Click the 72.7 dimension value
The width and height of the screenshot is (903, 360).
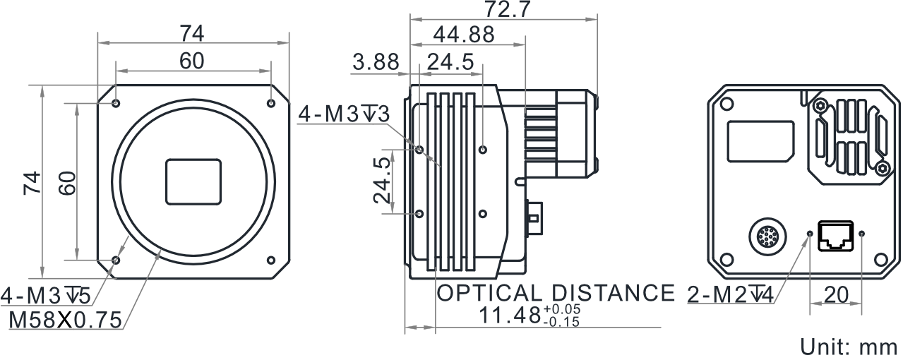(506, 9)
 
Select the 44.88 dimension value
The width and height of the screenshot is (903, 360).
(464, 35)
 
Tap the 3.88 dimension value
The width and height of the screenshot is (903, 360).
(376, 63)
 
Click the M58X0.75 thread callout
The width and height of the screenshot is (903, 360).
(65, 320)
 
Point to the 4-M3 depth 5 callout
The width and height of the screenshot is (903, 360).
(46, 296)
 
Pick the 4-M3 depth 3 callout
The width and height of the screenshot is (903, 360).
(344, 114)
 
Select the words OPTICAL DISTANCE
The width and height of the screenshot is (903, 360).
(556, 293)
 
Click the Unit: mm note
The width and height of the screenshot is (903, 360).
(850, 347)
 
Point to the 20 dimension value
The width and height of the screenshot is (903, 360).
(837, 295)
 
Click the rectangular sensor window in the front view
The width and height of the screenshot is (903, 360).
(193, 182)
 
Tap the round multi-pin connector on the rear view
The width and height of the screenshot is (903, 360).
(767, 237)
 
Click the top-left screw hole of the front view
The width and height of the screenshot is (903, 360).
(116, 103)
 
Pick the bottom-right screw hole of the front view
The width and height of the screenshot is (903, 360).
(271, 260)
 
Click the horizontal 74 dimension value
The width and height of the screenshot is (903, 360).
(192, 34)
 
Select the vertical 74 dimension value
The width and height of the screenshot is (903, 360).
(32, 183)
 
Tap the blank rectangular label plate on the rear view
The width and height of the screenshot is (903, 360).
(760, 141)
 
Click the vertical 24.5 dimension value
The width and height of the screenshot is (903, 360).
(382, 180)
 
